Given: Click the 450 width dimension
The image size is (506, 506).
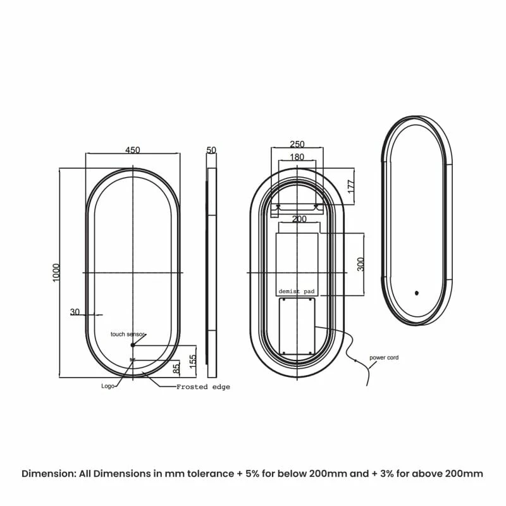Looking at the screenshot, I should [132, 150].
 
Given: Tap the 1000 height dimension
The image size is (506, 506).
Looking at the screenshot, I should [56, 273].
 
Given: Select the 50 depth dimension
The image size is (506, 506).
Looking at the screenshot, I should [211, 150].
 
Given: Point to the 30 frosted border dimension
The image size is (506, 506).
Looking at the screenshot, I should [75, 312].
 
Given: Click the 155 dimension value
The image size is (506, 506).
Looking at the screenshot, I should [192, 361].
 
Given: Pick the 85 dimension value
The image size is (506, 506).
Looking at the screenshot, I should [176, 366].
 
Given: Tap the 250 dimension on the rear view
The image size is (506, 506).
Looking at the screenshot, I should [297, 144].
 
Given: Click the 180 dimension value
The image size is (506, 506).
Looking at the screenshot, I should [297, 157].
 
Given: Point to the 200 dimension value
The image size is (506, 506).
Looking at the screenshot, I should [299, 219].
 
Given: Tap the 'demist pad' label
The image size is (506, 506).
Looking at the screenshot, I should [297, 292].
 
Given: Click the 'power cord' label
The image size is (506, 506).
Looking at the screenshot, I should [384, 358].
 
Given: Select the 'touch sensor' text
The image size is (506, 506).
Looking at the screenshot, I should [128, 333].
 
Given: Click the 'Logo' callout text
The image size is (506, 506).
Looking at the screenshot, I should [108, 385].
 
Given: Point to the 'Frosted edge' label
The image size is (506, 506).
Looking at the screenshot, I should [203, 386].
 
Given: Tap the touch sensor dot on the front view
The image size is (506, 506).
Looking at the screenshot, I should [132, 345].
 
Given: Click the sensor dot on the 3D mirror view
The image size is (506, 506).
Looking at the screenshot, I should [416, 293].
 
